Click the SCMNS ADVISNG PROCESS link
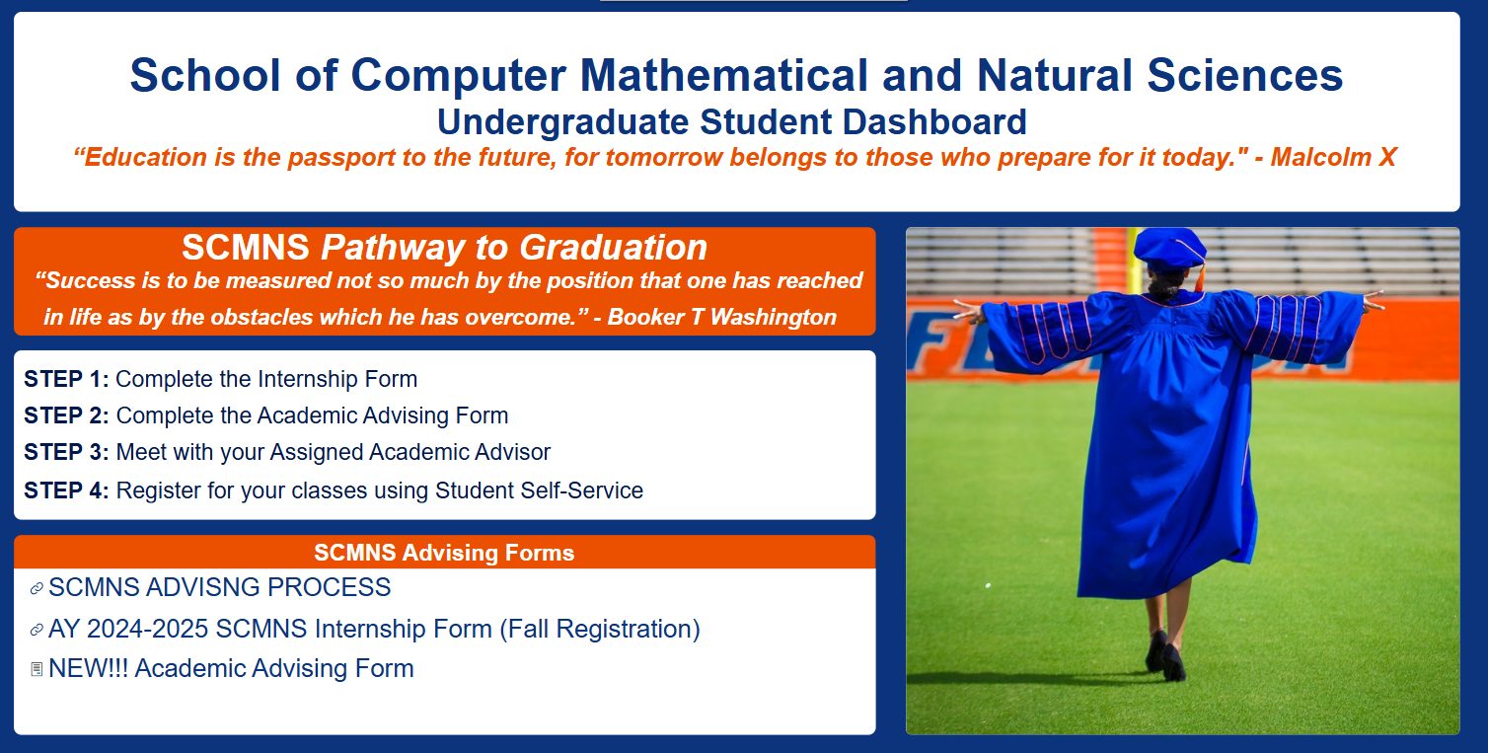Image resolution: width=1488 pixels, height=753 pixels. [220, 587]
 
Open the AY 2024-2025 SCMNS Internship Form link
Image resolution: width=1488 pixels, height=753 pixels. [375, 629]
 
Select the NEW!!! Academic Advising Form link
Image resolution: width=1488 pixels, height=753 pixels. [231, 668]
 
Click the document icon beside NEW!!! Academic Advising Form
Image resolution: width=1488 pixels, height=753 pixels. [37, 669]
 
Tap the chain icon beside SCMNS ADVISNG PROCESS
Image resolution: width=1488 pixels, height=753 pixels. [37, 588]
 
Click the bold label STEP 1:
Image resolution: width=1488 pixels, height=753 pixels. [66, 380]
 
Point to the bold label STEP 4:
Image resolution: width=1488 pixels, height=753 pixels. [66, 490]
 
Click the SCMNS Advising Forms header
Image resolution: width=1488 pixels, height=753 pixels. [444, 553]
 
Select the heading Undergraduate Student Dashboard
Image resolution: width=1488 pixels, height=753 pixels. [731, 122]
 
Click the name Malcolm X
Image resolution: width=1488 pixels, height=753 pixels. [1332, 158]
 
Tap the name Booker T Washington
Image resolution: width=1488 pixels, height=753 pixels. [721, 317]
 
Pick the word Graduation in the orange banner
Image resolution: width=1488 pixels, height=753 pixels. [613, 248]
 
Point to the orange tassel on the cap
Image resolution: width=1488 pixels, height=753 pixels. [1200, 274]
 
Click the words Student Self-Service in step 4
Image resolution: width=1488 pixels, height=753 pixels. [539, 490]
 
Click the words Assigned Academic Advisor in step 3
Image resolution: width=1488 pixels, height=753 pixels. [409, 453]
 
